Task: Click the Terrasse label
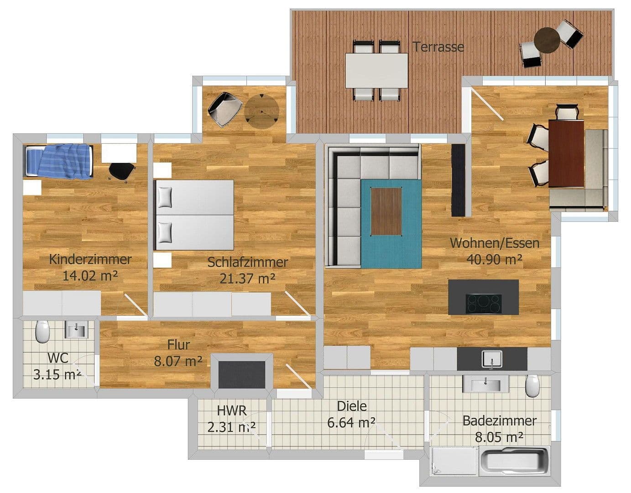point(438,47)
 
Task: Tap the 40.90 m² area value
point(494,259)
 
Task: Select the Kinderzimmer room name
point(90,259)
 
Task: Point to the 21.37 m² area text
point(247,278)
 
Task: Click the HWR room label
point(232,410)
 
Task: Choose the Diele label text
point(351,406)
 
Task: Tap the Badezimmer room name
point(499,420)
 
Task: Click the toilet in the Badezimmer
point(532,386)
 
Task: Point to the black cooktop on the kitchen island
point(483,304)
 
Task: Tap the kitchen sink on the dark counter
point(492,358)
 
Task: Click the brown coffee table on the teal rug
point(386,211)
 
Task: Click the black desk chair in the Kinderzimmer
point(122,171)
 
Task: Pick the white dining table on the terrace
point(376,71)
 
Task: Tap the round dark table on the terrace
point(547,41)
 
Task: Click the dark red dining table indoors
point(566,153)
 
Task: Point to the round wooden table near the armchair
point(261,111)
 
